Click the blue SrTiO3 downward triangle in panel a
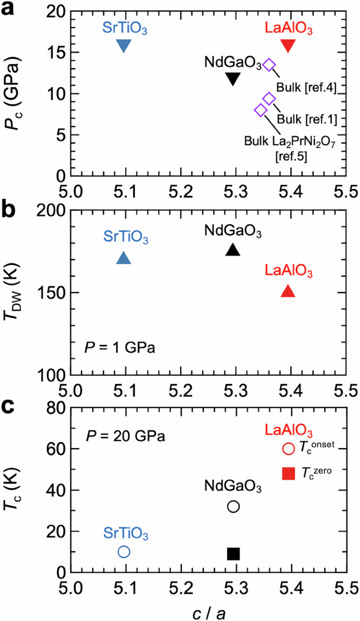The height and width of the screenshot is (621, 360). [x=124, y=46]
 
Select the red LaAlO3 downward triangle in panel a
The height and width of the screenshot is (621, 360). [x=288, y=46]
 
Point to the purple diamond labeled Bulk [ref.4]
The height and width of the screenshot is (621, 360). [x=269, y=65]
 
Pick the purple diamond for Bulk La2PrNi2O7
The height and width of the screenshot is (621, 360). [x=260, y=110]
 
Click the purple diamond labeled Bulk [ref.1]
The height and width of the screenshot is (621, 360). [x=269, y=98]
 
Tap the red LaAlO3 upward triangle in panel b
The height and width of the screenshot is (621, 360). [x=288, y=292]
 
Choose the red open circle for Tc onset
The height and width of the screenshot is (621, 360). [x=288, y=449]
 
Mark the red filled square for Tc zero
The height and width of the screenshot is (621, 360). [x=288, y=474]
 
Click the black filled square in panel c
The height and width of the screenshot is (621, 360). [x=233, y=554]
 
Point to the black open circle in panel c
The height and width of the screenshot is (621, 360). [x=233, y=506]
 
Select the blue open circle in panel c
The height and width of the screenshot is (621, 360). [x=124, y=552]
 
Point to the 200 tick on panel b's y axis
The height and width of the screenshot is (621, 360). [x=52, y=210]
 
